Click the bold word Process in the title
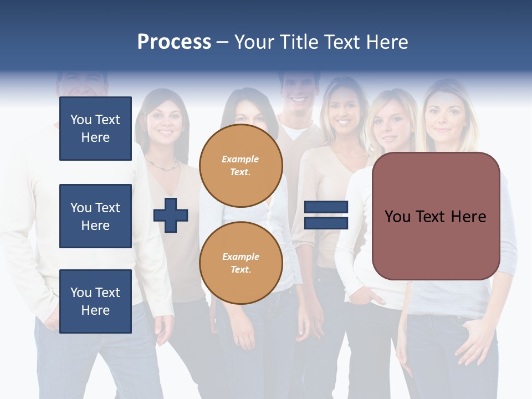(174, 42)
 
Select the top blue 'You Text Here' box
(95, 129)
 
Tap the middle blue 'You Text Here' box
(95, 216)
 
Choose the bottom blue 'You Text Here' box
(95, 301)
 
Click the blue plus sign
(171, 215)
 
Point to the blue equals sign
(326, 215)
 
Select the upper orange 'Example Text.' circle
(241, 166)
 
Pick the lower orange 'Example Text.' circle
(241, 263)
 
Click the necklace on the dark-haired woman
(161, 165)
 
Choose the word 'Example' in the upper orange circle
(240, 159)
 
